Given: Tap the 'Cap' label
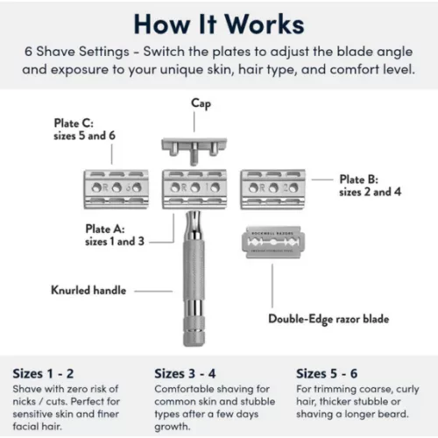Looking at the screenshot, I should point(201,103).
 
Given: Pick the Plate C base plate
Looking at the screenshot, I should point(114,186).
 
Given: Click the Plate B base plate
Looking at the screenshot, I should point(272,186).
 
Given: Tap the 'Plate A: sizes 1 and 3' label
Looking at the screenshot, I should point(116,234).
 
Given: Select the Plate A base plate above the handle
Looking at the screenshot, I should point(194,187).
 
